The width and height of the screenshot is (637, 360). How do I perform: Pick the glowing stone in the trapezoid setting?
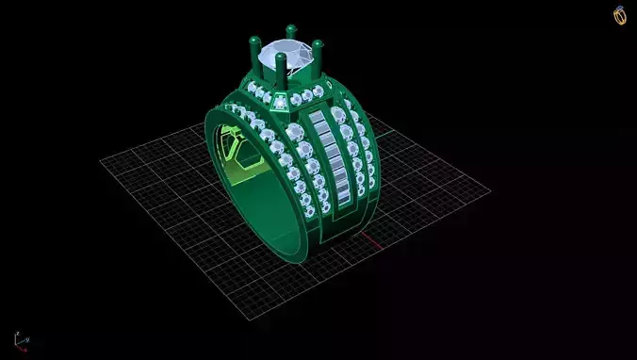point(279,101)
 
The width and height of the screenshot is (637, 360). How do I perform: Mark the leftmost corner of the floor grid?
point(101,161)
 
